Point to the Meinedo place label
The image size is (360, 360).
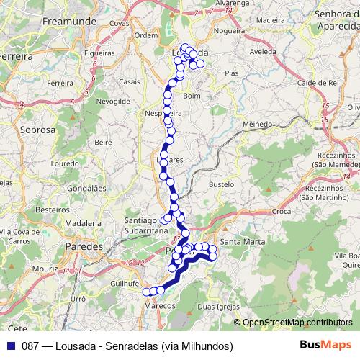pos(258,124)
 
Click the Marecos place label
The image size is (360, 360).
pos(160,305)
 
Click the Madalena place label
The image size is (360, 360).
pos(78,223)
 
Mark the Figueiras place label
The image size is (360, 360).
pos(99,53)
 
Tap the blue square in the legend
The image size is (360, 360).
pos(9,346)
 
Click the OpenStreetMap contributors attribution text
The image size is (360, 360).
pos(297,323)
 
